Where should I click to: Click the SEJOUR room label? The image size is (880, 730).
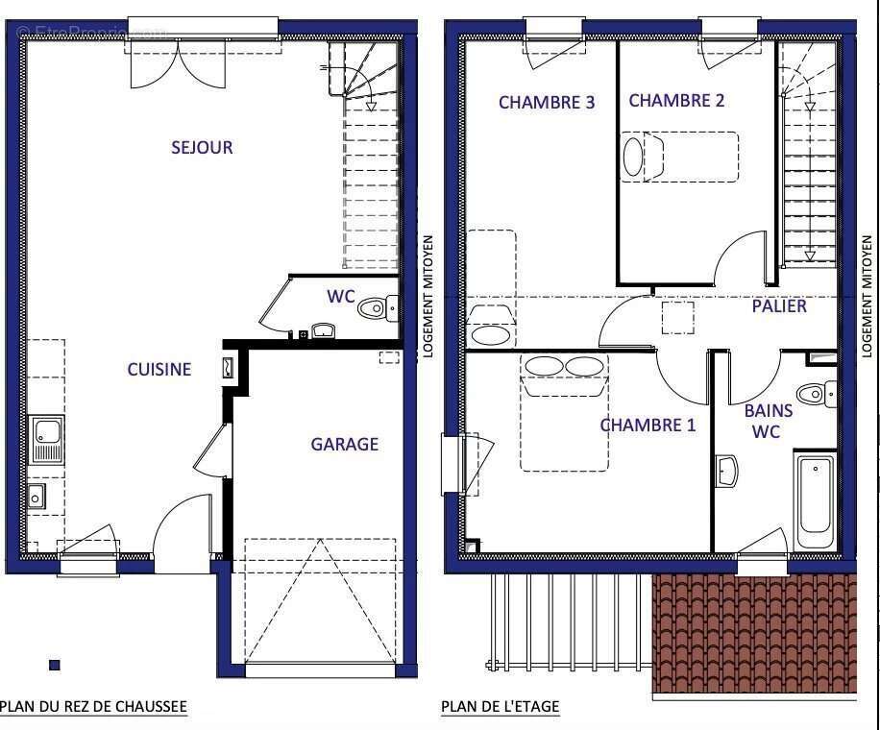tap(202, 148)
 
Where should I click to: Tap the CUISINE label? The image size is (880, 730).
tap(159, 369)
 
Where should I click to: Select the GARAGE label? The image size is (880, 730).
tap(344, 444)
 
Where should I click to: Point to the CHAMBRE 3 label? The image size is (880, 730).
tap(546, 102)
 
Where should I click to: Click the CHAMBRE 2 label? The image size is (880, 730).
tap(676, 100)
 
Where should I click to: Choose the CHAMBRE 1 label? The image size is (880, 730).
tap(648, 425)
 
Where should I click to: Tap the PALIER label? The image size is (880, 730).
tap(779, 306)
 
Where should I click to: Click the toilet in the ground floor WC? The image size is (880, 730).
tap(375, 309)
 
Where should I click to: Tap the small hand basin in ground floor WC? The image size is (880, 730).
tap(324, 331)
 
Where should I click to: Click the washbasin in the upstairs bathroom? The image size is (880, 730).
tap(727, 471)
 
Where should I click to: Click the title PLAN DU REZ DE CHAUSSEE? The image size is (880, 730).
tap(93, 707)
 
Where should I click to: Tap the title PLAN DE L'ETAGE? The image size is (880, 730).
tap(500, 707)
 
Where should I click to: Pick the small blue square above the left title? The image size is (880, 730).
tap(55, 665)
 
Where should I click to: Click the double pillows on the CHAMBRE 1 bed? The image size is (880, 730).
tap(564, 367)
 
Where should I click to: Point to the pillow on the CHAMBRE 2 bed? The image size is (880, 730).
tap(634, 157)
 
